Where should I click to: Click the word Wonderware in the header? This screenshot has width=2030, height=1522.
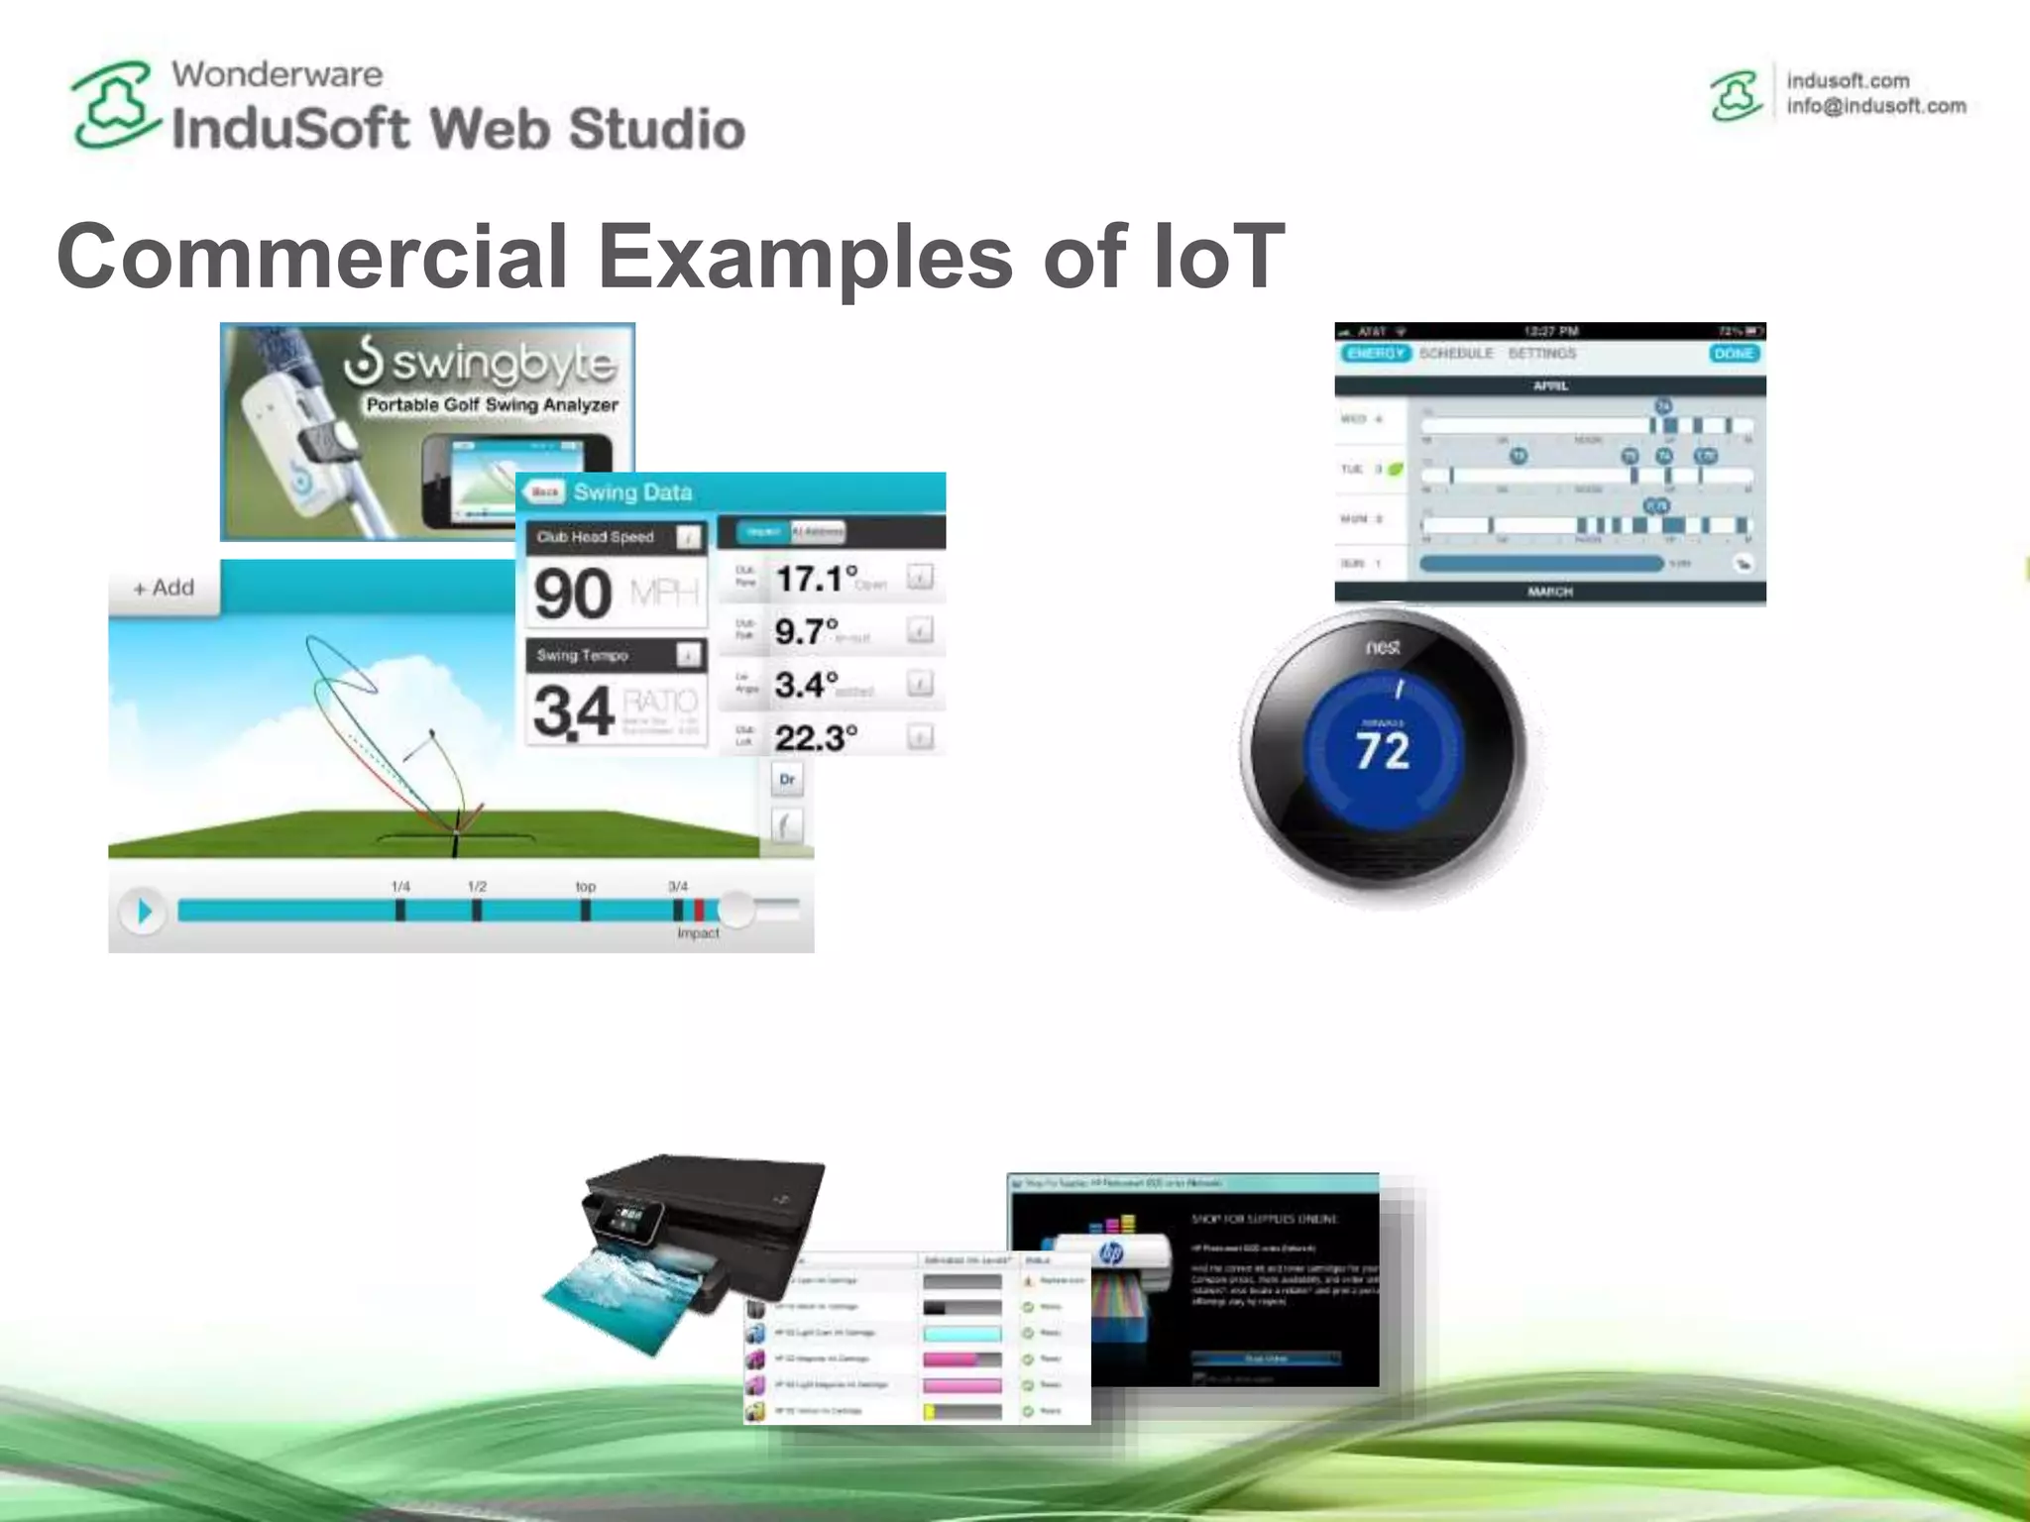click(x=277, y=74)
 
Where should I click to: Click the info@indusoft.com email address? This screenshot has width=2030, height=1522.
click(x=1875, y=106)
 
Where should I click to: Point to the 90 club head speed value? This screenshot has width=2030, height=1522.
click(x=573, y=594)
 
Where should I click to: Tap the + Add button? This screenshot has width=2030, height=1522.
click(x=165, y=588)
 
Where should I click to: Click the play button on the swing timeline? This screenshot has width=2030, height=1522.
click(x=144, y=911)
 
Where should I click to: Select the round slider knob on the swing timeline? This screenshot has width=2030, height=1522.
click(x=735, y=909)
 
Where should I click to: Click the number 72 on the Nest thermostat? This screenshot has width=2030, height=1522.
click(x=1383, y=750)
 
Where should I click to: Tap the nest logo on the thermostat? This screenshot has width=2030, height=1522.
click(x=1383, y=647)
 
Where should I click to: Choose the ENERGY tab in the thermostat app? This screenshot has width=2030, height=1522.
click(x=1375, y=354)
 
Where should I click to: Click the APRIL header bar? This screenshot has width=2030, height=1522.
click(x=1550, y=385)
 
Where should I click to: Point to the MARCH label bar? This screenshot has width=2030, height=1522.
click(x=1550, y=592)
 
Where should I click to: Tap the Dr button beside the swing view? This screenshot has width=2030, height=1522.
click(x=787, y=779)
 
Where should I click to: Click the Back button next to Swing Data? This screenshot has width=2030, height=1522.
click(x=544, y=491)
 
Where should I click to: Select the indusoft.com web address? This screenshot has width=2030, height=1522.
click(x=1848, y=80)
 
